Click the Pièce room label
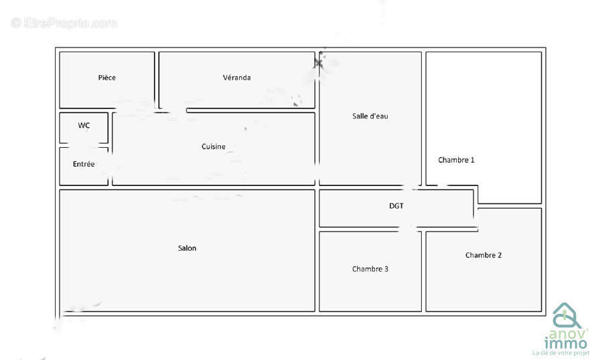coord(107,78)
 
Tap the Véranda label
coord(236,78)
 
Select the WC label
coord(84,125)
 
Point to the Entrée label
coord(84,164)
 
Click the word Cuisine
coord(214,147)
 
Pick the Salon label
coord(188,248)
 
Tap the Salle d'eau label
coord(370,116)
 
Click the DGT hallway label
coord(396,205)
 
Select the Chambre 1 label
coord(456,160)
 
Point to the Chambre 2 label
coord(484,255)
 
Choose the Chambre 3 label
coord(370,269)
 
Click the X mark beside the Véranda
coord(318,63)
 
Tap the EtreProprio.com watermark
coord(64,23)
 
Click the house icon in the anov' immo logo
coord(566,315)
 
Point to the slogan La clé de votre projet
coord(561,353)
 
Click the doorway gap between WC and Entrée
coord(84,145)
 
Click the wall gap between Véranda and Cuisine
coord(178,110)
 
